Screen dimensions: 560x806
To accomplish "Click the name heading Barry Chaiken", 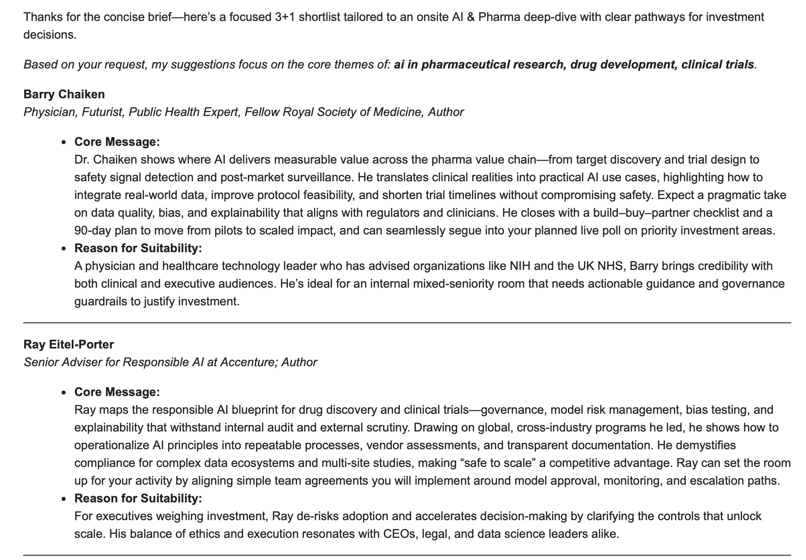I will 64,94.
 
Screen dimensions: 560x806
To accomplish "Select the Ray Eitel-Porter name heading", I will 69,344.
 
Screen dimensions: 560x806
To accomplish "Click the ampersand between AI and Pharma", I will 470,17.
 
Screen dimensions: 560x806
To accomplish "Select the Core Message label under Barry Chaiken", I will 117,142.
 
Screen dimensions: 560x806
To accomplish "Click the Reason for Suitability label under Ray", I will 138,498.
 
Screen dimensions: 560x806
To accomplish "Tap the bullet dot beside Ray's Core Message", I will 64,393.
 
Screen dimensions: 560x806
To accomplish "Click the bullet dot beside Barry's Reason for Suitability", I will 64,249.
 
